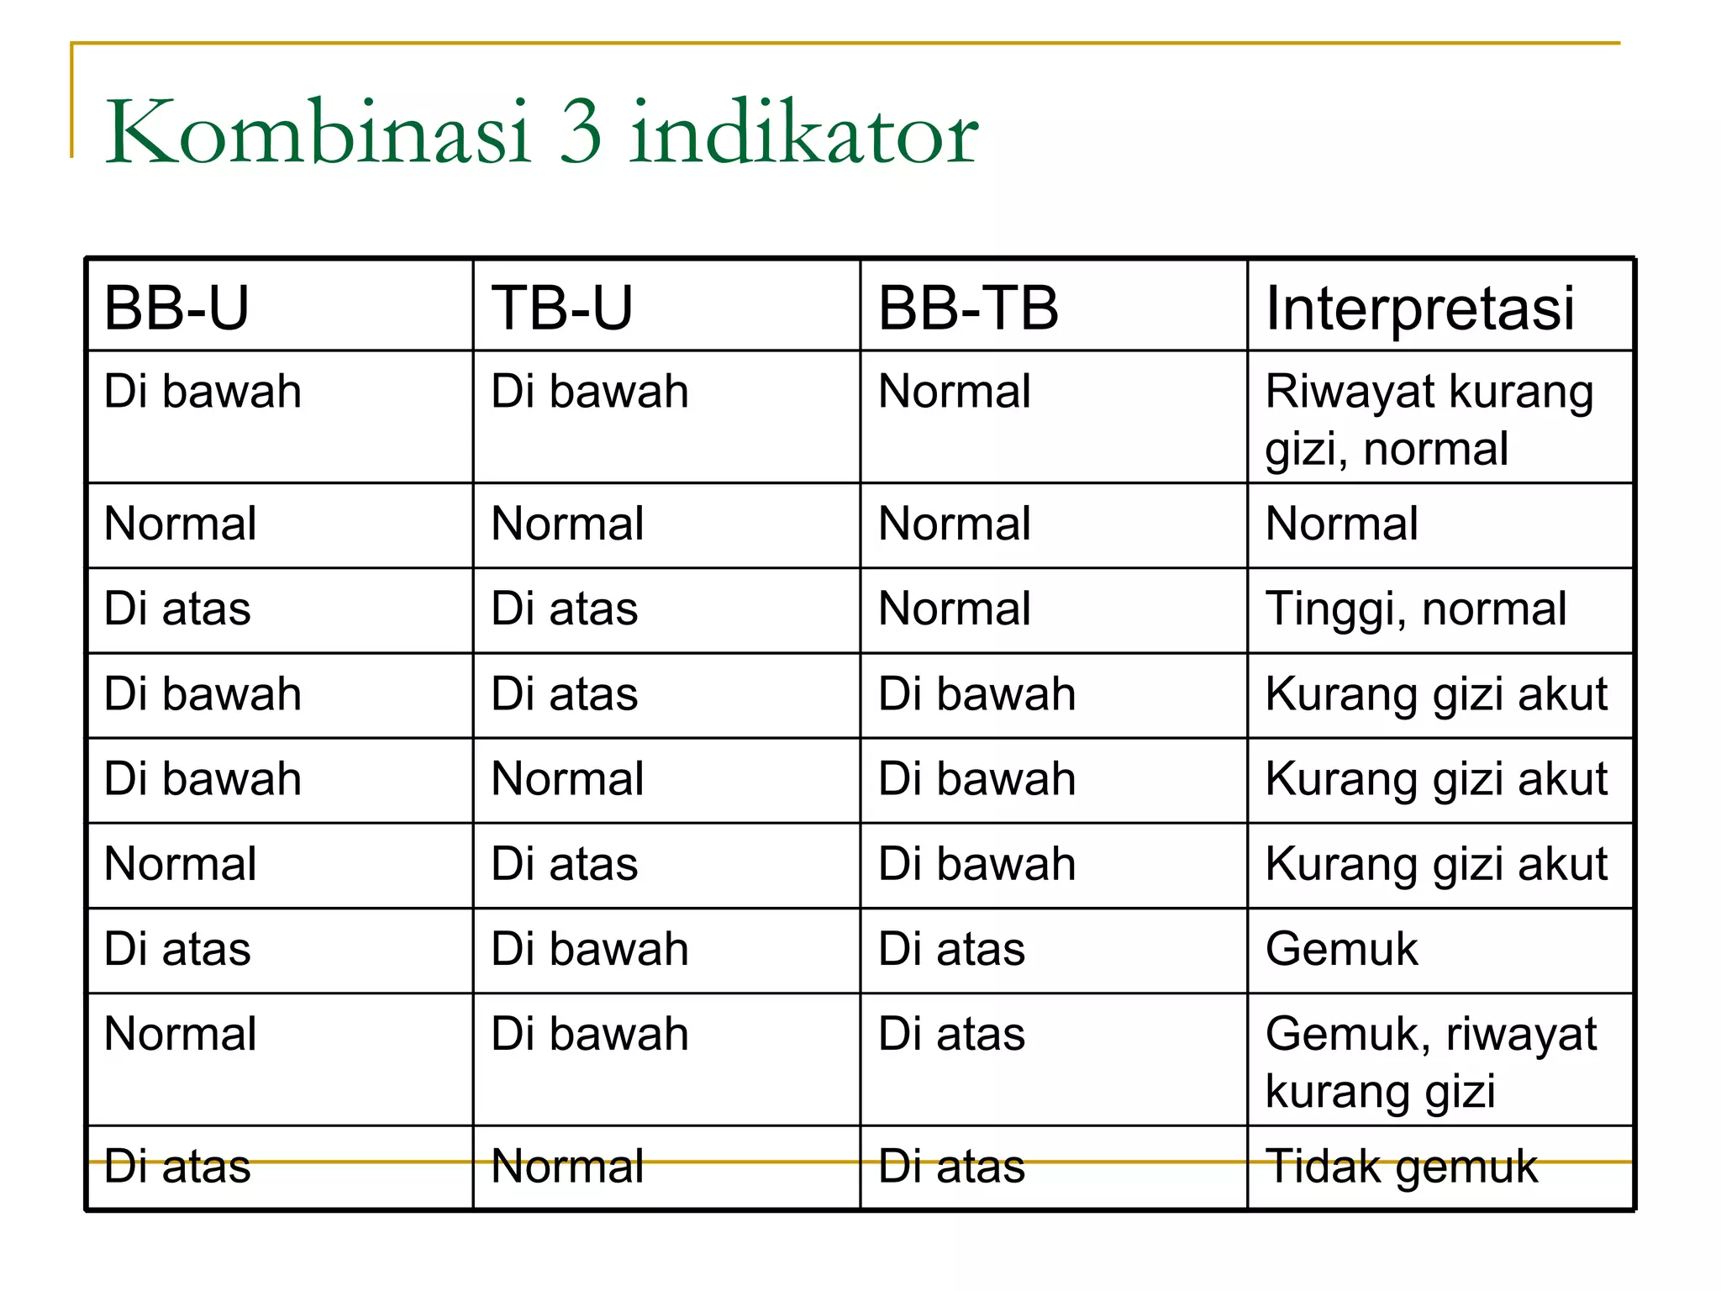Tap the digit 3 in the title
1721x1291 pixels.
tap(581, 132)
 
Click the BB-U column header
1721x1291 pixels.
tap(176, 308)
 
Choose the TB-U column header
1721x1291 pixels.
tap(562, 308)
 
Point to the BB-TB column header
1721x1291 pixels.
tap(968, 308)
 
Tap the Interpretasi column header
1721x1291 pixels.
tap(1420, 308)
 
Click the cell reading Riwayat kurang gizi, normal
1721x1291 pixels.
tap(1429, 419)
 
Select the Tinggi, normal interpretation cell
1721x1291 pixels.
tap(1416, 609)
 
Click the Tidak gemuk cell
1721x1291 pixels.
tap(1401, 1167)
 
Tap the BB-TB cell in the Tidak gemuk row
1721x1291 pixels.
tap(951, 1167)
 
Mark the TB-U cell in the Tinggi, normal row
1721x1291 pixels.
tap(565, 609)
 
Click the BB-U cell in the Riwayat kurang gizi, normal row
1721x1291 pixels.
tap(203, 392)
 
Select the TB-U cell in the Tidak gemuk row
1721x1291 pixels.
tap(567, 1167)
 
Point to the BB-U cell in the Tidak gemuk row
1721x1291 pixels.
tap(177, 1167)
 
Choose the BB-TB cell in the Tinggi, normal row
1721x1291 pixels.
tap(954, 609)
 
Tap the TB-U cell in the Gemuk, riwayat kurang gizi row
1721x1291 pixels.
tap(590, 1034)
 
